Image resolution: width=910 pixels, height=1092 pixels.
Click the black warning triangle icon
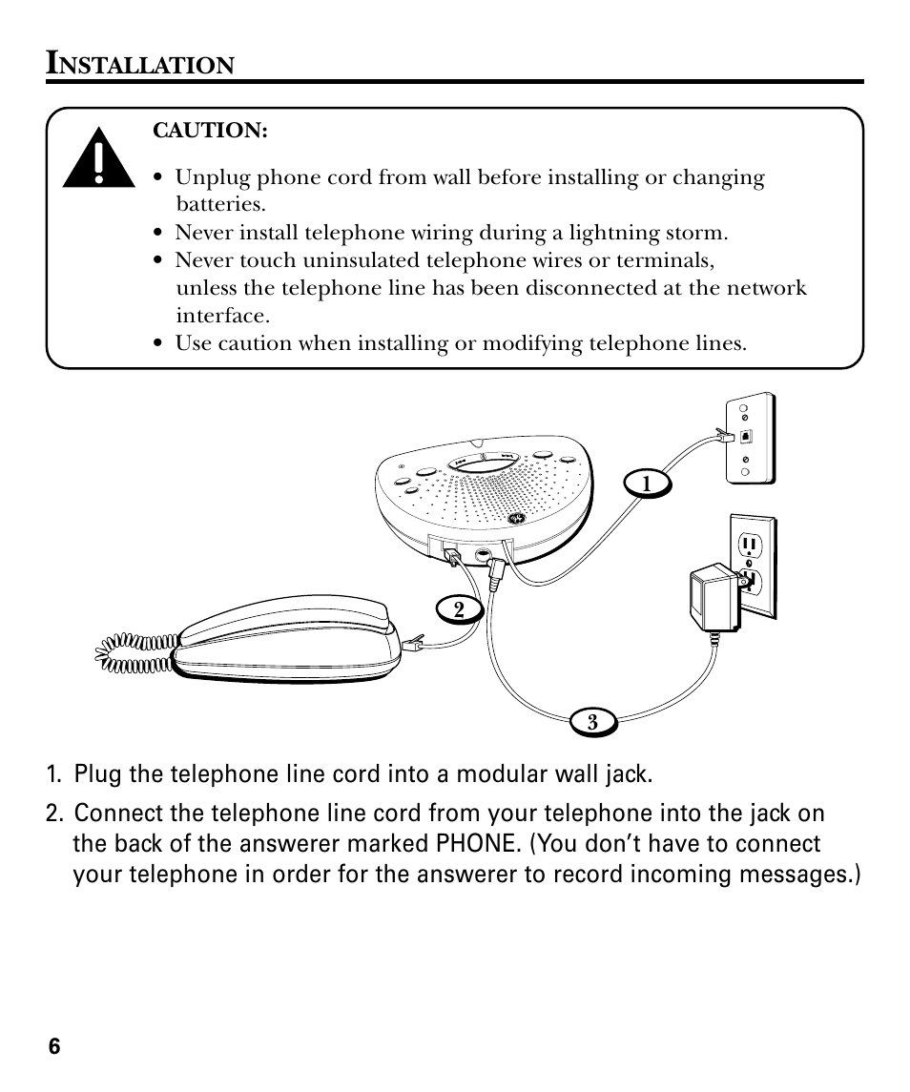(99, 159)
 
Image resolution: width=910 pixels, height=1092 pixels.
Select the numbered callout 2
(459, 608)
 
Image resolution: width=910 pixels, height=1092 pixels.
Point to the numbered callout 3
(592, 723)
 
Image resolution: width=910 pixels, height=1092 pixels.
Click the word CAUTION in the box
(210, 131)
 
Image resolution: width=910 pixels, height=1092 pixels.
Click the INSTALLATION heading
(140, 65)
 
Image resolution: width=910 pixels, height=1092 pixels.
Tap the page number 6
(54, 1046)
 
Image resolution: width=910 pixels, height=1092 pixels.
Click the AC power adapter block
(706, 599)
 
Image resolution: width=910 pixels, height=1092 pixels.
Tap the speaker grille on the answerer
(477, 496)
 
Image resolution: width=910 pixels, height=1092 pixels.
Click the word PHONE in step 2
(473, 845)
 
